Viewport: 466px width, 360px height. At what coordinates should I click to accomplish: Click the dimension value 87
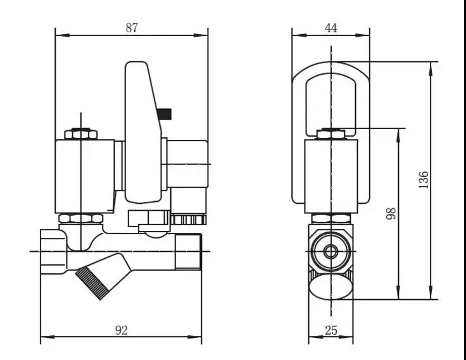(132, 27)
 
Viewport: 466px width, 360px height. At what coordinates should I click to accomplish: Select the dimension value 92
(122, 329)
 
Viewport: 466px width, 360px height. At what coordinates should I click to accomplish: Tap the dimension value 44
(331, 27)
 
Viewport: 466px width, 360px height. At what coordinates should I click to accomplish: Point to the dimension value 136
(424, 180)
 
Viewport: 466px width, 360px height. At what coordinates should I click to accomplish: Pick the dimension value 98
(390, 214)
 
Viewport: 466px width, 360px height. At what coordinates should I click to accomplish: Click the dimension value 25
(330, 330)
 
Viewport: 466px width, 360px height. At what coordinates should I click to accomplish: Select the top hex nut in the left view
(81, 134)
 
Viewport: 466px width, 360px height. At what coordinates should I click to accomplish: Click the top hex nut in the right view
(331, 133)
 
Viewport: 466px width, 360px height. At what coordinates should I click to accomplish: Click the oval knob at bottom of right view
(331, 289)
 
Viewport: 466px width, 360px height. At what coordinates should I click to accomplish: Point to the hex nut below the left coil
(81, 218)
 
